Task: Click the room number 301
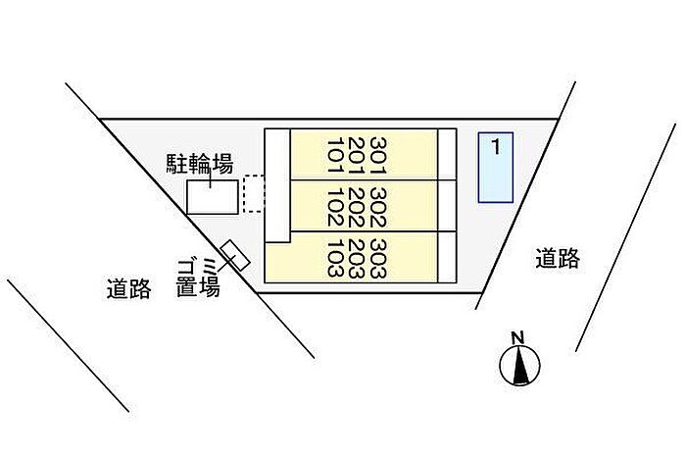click(x=378, y=155)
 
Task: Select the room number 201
click(x=357, y=155)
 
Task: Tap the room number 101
click(x=335, y=155)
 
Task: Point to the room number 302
click(x=378, y=208)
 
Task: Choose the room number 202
click(x=357, y=208)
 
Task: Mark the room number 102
click(x=335, y=208)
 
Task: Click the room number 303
click(x=378, y=259)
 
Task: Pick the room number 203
click(x=357, y=259)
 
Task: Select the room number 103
click(x=335, y=259)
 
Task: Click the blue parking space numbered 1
click(x=495, y=168)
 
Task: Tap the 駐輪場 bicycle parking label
click(x=200, y=164)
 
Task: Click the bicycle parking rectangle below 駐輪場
click(x=213, y=197)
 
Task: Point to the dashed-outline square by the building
click(x=254, y=193)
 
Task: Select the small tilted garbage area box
click(x=235, y=256)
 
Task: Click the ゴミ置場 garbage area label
click(x=198, y=279)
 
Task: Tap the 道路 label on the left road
click(x=129, y=289)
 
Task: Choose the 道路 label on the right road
click(x=558, y=258)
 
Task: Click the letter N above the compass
click(x=518, y=338)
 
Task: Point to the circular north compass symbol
click(x=519, y=365)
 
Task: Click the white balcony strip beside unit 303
click(x=447, y=257)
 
